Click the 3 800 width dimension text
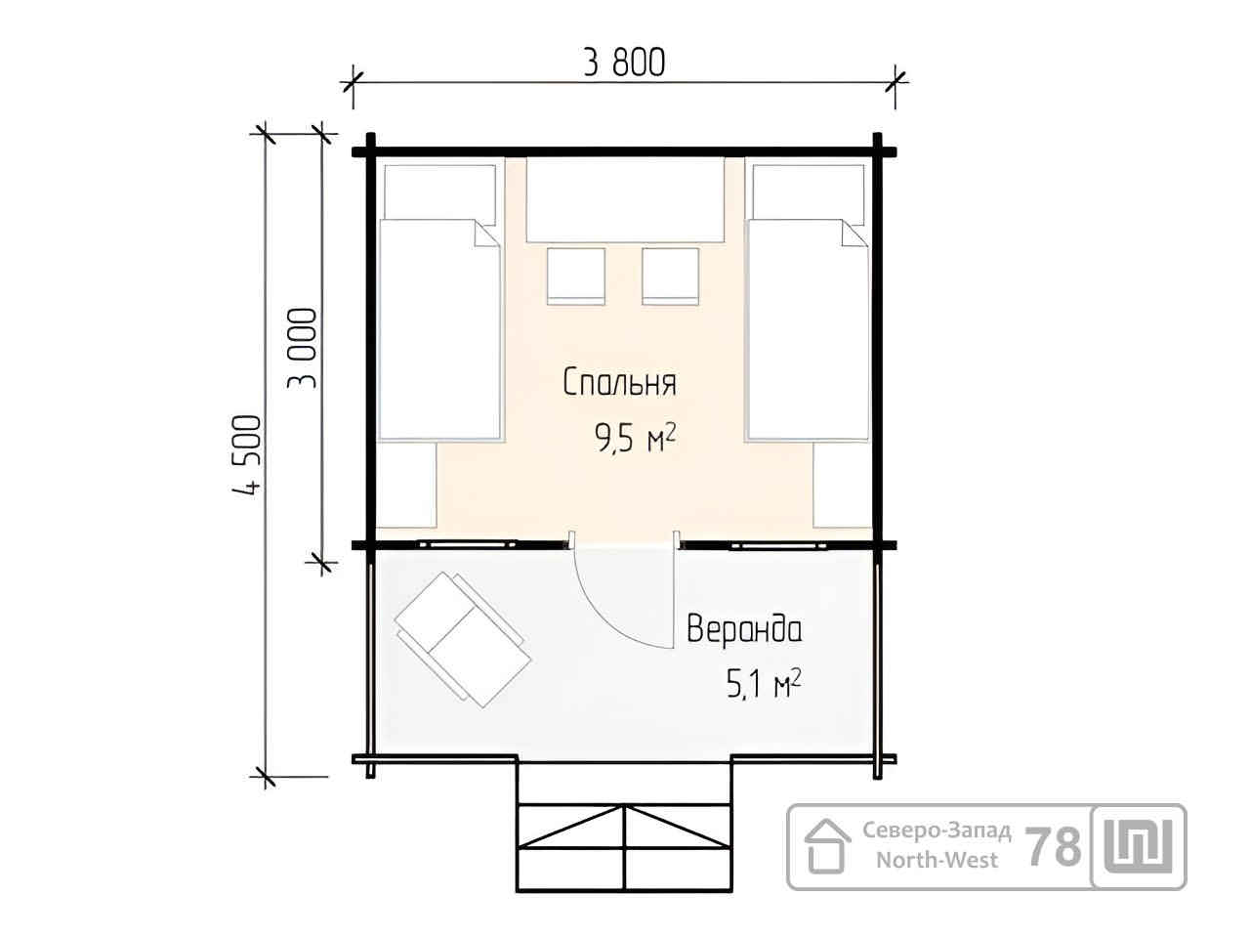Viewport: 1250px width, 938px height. click(x=624, y=63)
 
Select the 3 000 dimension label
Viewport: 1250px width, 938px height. click(x=301, y=348)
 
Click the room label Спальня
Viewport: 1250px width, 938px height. click(x=619, y=382)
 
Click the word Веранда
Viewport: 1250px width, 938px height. click(x=744, y=629)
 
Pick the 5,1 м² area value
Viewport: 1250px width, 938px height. click(x=764, y=683)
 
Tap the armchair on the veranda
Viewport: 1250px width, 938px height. click(x=463, y=640)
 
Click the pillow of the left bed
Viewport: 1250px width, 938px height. click(x=439, y=192)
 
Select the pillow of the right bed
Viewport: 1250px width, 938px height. click(x=808, y=192)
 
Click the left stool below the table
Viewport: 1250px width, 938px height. click(x=576, y=277)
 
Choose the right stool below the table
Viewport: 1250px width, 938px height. click(x=670, y=277)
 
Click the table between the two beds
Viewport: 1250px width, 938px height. click(x=625, y=200)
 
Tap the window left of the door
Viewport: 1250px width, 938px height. click(x=468, y=545)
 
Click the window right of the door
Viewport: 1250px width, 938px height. click(x=778, y=545)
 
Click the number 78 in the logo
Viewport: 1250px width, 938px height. click(x=1054, y=847)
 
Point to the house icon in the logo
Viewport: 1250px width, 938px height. click(x=827, y=846)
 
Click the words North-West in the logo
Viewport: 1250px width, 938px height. click(x=937, y=860)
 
